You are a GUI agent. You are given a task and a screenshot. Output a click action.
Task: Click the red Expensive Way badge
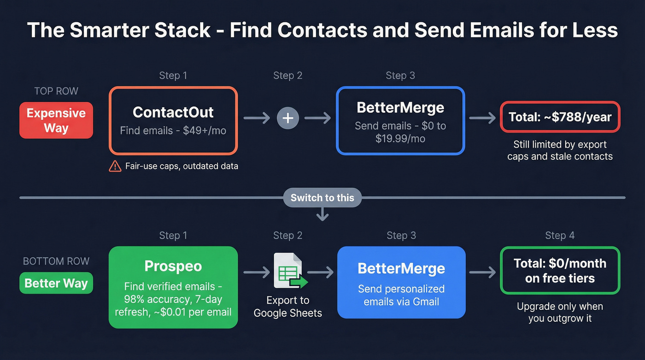[56, 120]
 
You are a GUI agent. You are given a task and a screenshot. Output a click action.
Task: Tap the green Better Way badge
[56, 283]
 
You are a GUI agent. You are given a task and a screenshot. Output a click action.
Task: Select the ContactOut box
[173, 120]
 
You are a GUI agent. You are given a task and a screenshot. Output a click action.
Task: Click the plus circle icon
[288, 118]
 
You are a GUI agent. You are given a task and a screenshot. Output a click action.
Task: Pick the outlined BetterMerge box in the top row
[400, 120]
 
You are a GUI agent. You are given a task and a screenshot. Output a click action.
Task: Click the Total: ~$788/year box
[560, 117]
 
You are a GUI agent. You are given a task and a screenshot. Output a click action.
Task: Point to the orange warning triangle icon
[115, 166]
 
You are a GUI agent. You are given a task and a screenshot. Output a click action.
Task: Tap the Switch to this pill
[322, 198]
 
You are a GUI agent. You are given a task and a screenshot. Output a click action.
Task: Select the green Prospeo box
[173, 287]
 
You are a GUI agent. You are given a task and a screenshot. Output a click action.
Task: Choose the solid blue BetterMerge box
[401, 282]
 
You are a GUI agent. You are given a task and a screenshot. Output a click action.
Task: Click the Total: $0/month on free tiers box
[560, 271]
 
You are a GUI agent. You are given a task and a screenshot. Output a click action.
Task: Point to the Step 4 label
[560, 236]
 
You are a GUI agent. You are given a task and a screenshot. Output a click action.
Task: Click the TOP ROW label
[56, 91]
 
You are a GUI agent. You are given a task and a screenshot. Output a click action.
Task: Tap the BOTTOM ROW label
[56, 261]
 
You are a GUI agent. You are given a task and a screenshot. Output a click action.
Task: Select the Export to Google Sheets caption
[288, 307]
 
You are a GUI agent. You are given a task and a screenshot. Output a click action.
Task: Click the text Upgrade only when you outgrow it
[560, 313]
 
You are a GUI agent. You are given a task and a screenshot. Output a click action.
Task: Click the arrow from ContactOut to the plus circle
[257, 118]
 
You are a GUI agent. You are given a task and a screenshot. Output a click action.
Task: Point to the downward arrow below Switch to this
[322, 214]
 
